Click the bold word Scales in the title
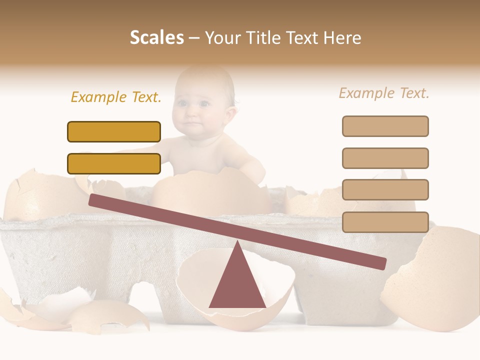pos(157,37)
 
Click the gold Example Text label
pos(116,97)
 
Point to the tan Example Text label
pos(384,93)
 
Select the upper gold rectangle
pos(114,132)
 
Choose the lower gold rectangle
pos(114,164)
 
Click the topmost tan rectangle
pos(385,126)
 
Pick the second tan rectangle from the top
pos(385,158)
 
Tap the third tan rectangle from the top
pos(385,190)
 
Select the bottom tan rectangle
pos(385,222)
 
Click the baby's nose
pos(191,113)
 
